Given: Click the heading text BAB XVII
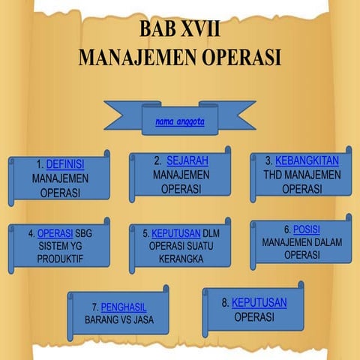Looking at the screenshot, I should tap(180, 30).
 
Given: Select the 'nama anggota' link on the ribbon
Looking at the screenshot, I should tap(180, 121).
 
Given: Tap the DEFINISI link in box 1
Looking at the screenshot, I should tap(65, 164).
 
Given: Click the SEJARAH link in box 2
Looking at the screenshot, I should tap(187, 160).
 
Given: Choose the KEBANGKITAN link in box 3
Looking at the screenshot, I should tap(307, 160).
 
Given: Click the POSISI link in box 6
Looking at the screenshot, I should tap(307, 229).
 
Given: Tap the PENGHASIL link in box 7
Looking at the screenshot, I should tap(124, 307).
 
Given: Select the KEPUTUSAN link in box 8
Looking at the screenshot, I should tap(259, 302).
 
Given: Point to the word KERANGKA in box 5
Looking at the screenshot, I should tap(180, 259).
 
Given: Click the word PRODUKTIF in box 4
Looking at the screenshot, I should tap(60, 259).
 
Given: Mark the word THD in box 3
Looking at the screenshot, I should tap(271, 175).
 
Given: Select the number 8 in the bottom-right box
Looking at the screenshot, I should tap(225, 303).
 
